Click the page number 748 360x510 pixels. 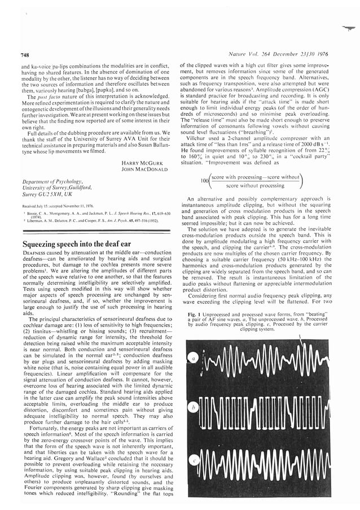pos(25,55)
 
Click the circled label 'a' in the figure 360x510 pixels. pos(194,358)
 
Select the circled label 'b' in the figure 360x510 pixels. pos(194,407)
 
